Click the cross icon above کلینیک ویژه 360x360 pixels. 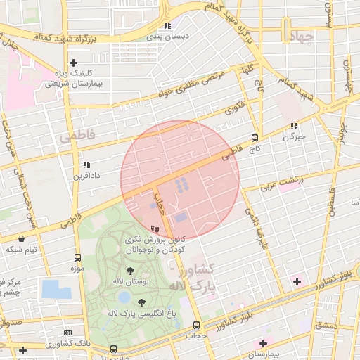point(73,63)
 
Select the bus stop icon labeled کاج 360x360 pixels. point(255,138)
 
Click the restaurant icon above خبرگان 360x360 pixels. point(293,127)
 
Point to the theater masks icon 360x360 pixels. point(155,229)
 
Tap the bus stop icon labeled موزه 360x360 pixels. point(77,258)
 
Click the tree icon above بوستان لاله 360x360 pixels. point(130,271)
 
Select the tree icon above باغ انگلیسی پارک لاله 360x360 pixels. point(141,302)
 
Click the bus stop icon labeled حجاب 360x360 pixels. point(195,325)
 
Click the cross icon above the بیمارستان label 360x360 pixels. point(263,343)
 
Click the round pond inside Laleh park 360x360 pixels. point(124,297)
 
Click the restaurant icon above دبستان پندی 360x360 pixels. point(167,25)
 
